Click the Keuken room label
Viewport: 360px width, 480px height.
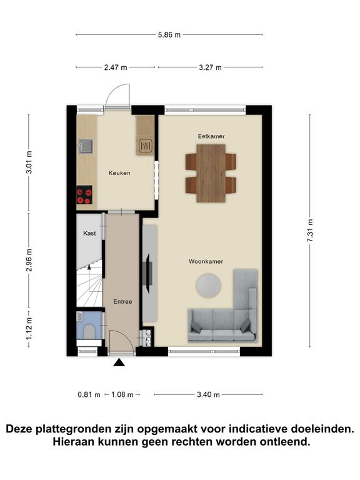(119, 173)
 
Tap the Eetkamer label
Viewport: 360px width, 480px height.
(211, 136)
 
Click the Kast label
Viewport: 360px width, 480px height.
(89, 233)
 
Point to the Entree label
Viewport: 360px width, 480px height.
(122, 301)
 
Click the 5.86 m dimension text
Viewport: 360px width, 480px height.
(169, 35)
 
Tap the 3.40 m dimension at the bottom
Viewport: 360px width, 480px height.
(208, 394)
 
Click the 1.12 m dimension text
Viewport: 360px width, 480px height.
(29, 328)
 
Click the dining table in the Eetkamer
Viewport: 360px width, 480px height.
(211, 173)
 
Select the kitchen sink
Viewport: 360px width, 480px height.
(85, 147)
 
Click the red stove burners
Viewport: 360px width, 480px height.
(84, 196)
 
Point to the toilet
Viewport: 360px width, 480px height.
(89, 331)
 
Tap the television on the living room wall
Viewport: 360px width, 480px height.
(147, 274)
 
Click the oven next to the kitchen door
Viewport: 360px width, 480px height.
(145, 146)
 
